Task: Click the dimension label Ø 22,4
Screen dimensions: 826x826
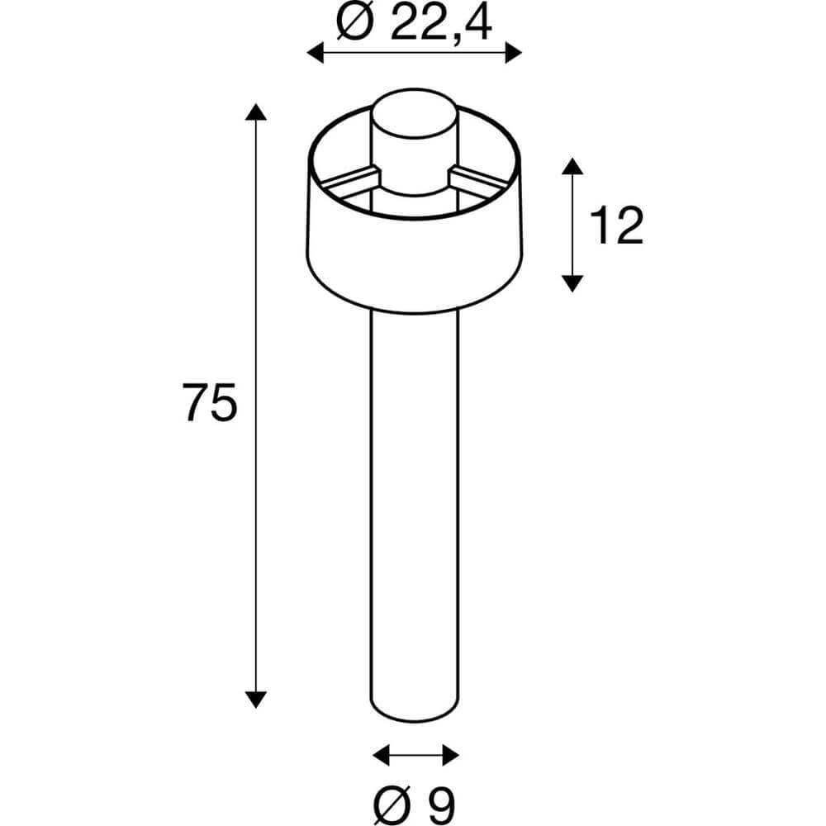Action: click(x=414, y=22)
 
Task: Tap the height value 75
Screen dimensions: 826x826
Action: click(x=211, y=403)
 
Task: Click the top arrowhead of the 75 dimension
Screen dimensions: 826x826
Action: click(x=257, y=113)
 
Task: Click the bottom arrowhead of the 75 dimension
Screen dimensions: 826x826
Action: click(x=257, y=699)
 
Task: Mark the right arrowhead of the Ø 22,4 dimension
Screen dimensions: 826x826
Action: click(x=514, y=54)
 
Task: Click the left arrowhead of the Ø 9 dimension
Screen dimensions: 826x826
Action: click(x=381, y=754)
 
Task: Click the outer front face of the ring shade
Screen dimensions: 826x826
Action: click(x=414, y=264)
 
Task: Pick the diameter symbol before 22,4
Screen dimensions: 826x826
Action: click(x=356, y=23)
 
